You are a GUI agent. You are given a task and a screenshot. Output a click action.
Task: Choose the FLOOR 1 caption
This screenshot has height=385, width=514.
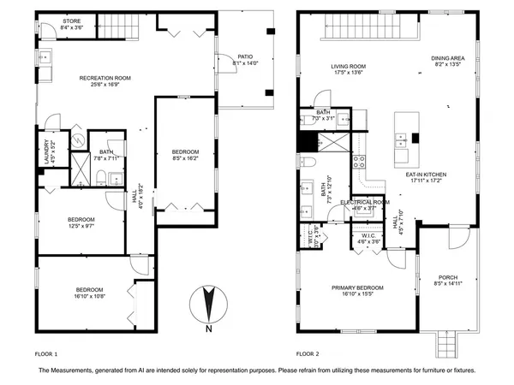click(46, 352)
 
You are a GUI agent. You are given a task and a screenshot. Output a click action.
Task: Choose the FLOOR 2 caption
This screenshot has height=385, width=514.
click(308, 352)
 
